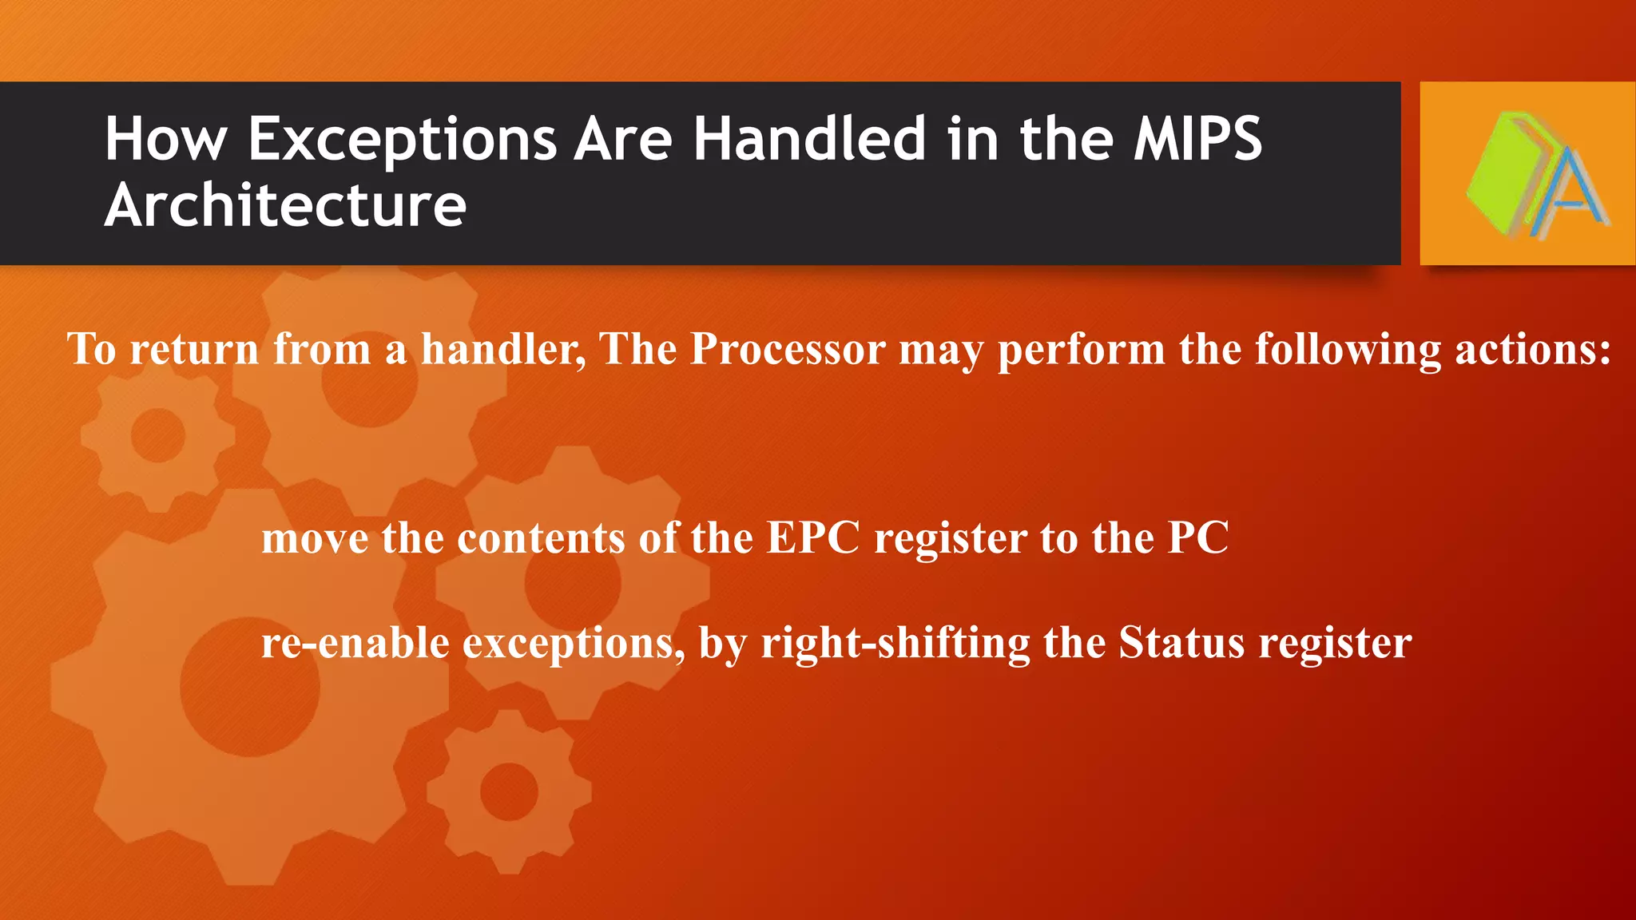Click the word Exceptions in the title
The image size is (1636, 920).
pyautogui.click(x=402, y=140)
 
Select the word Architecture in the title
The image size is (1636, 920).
pyautogui.click(x=285, y=205)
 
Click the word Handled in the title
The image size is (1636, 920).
pyautogui.click(x=809, y=140)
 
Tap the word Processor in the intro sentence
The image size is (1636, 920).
pyautogui.click(x=788, y=349)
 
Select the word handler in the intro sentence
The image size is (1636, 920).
pyautogui.click(x=503, y=349)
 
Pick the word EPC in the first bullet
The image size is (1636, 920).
pyautogui.click(x=813, y=537)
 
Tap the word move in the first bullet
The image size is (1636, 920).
pyautogui.click(x=315, y=537)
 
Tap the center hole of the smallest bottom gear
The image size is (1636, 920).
pyautogui.click(x=509, y=791)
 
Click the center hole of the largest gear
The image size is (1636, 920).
pyautogui.click(x=250, y=687)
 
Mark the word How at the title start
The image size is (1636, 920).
pyautogui.click(x=165, y=140)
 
